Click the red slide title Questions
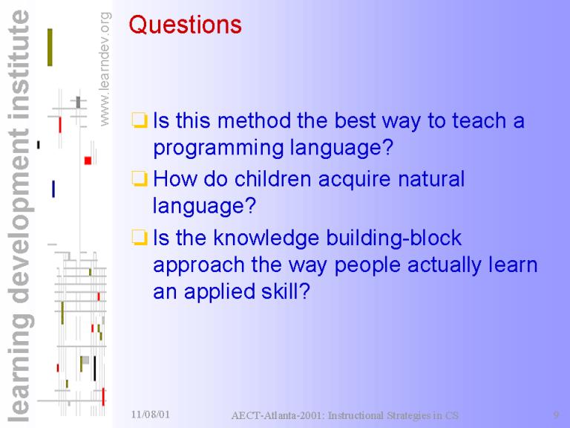pyautogui.click(x=185, y=25)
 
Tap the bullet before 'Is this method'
pyautogui.click(x=140, y=120)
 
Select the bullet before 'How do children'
pyautogui.click(x=140, y=178)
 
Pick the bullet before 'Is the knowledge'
pyautogui.click(x=140, y=237)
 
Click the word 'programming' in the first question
pyautogui.click(x=218, y=148)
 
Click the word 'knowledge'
pyautogui.click(x=266, y=238)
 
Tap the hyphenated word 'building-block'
pyautogui.click(x=393, y=238)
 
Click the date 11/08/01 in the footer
pyautogui.click(x=150, y=414)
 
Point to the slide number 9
pyautogui.click(x=556, y=415)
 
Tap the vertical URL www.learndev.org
pyautogui.click(x=105, y=69)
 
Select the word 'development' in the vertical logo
pyautogui.click(x=21, y=215)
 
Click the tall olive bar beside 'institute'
pyautogui.click(x=50, y=48)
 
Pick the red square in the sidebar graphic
pyautogui.click(x=88, y=160)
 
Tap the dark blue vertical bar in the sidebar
pyautogui.click(x=53, y=189)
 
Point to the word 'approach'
pyautogui.click(x=198, y=266)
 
